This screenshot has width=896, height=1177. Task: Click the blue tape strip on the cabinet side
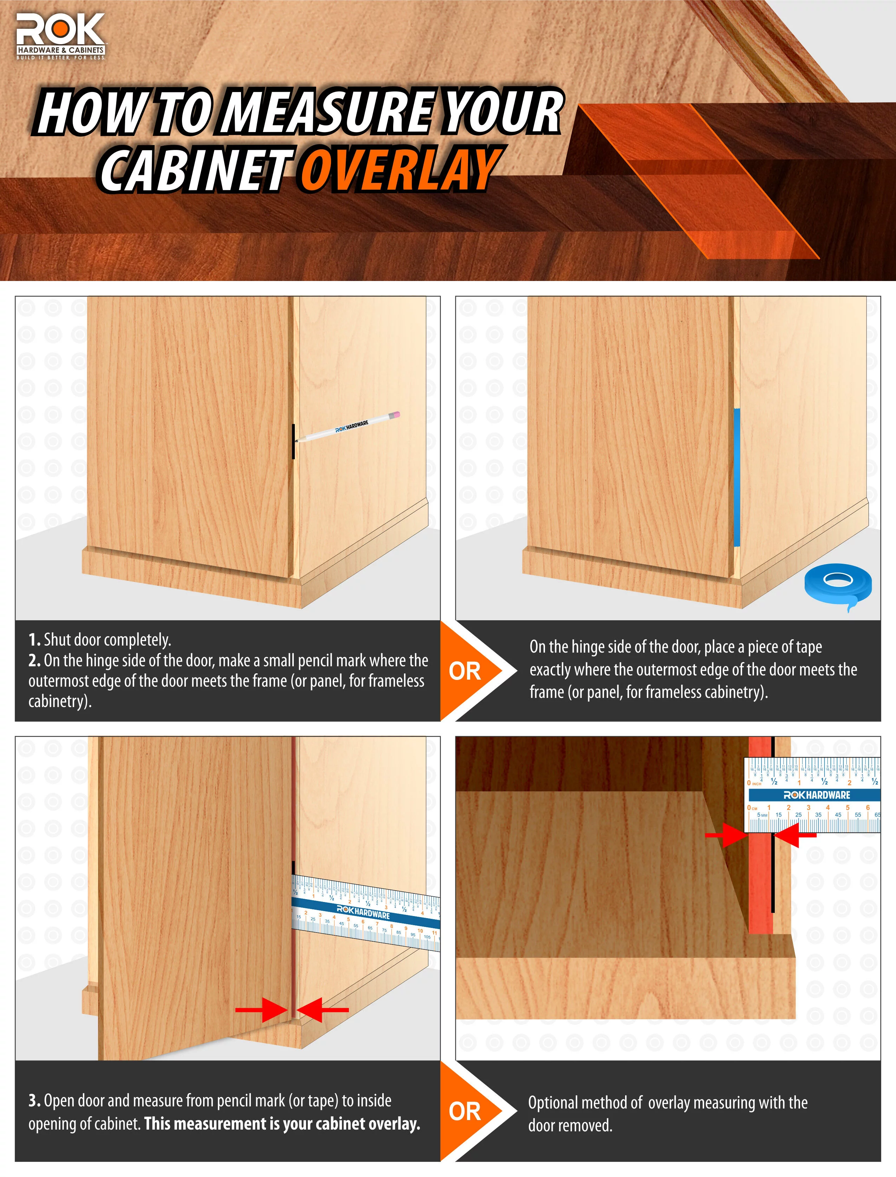point(736,477)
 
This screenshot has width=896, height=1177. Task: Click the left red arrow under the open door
point(262,1009)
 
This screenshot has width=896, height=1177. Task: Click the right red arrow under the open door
point(322,1009)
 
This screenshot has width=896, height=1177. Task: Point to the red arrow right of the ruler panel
point(795,835)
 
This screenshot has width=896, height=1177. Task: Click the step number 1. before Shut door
point(34,640)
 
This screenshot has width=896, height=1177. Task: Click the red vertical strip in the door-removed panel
point(760,880)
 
